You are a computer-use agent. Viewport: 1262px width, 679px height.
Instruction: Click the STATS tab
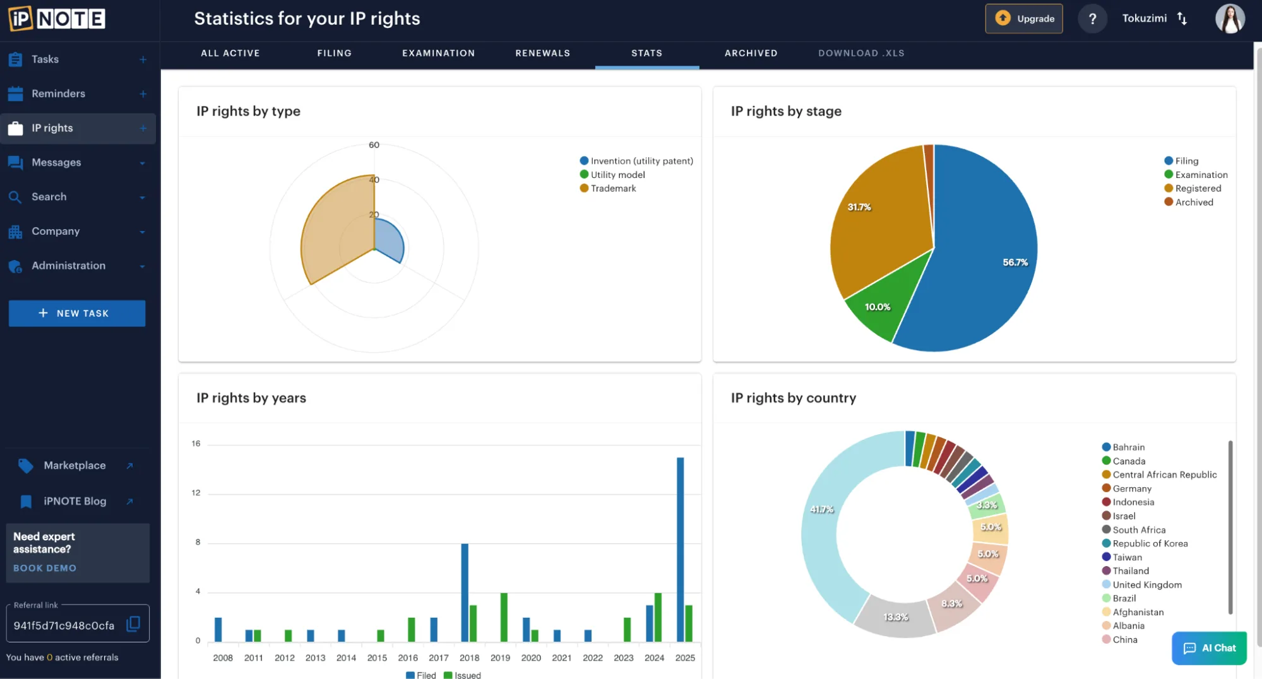point(646,54)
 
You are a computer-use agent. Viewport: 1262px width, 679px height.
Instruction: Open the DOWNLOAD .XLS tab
point(861,54)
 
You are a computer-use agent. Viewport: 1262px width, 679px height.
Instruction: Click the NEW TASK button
point(77,314)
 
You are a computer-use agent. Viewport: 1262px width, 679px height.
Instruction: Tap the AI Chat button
point(1209,648)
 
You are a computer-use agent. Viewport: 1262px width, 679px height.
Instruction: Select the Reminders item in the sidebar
point(58,94)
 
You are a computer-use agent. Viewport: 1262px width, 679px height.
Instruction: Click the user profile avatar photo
point(1229,19)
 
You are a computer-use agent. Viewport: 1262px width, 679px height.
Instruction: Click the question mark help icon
point(1092,19)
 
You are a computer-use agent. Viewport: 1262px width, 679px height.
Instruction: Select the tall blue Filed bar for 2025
point(680,549)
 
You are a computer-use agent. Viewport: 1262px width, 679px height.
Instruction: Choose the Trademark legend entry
point(613,189)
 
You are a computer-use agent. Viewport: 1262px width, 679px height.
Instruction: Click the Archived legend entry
point(1193,203)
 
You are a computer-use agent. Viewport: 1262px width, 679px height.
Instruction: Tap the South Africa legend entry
point(1138,530)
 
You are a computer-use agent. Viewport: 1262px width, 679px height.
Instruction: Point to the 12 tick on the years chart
point(196,493)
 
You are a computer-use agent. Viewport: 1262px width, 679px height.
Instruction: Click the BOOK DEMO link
point(45,569)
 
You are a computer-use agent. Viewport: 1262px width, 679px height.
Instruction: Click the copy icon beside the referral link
point(133,624)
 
